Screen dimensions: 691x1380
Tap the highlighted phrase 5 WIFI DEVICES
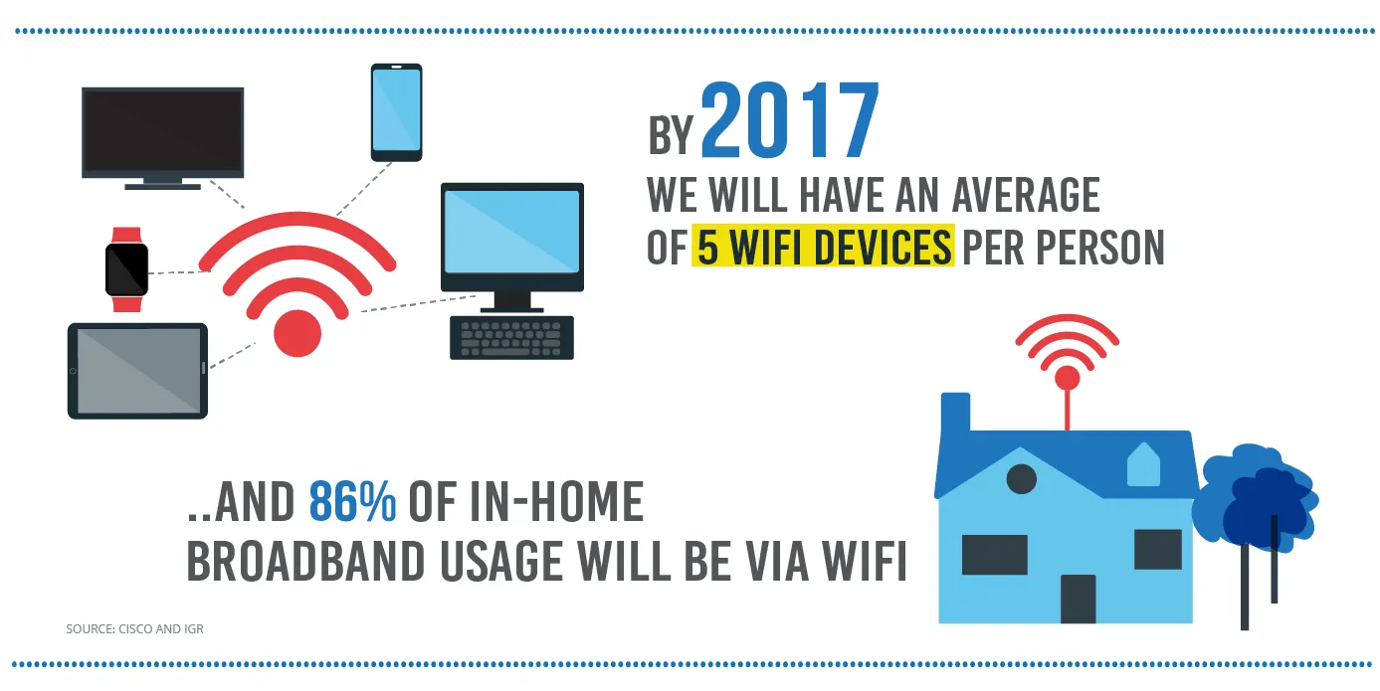click(824, 248)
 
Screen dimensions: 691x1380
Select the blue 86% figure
click(352, 503)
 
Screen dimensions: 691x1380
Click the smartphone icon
click(396, 111)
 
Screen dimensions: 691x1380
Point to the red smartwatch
click(126, 269)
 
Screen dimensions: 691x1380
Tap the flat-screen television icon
click(162, 133)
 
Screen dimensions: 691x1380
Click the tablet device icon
click(137, 371)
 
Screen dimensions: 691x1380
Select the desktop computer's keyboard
click(511, 338)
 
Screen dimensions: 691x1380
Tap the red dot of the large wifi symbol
click(296, 332)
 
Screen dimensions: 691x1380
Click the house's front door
click(1078, 600)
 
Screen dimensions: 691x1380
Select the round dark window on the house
click(1021, 479)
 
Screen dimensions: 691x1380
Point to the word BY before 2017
click(671, 136)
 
